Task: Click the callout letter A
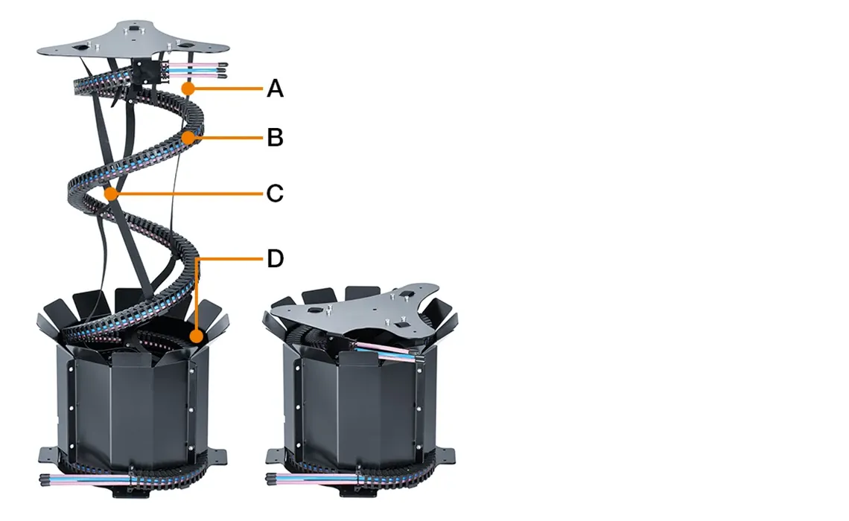click(x=275, y=88)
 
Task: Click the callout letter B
click(x=275, y=138)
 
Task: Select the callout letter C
click(x=275, y=194)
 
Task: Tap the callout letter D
click(x=275, y=258)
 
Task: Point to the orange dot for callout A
click(x=188, y=88)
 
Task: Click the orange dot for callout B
click(x=188, y=138)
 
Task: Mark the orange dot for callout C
click(x=112, y=194)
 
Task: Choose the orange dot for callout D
click(x=197, y=336)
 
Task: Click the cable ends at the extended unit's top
click(x=197, y=70)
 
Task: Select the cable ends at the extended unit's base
click(x=86, y=479)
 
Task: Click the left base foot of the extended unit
click(x=48, y=456)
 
